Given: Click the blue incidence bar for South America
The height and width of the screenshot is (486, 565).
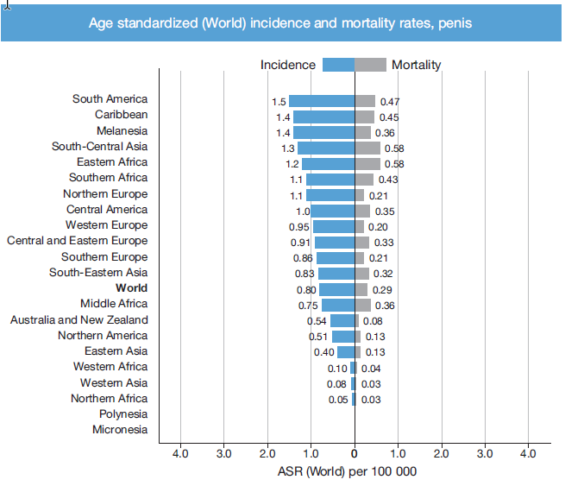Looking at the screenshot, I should pos(321,101).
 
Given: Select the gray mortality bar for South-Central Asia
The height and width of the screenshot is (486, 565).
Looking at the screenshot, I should pos(367,148).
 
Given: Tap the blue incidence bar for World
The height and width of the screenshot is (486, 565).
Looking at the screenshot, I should pos(336,289).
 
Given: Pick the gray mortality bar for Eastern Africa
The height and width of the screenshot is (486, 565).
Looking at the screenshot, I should pos(367,163).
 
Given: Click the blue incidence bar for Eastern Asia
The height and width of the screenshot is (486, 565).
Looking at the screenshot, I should pos(345,352).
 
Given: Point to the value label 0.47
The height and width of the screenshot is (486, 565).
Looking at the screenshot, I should pos(390,102).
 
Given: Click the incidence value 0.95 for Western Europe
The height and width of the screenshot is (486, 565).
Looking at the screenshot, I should pos(298,227).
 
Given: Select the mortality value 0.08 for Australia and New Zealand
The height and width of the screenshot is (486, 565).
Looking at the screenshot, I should pos(373,321).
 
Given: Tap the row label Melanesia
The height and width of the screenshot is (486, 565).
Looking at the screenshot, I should pos(122,131).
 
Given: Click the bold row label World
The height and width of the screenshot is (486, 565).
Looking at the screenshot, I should pos(131,288).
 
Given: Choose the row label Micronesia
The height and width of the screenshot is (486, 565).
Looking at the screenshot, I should pos(120,430).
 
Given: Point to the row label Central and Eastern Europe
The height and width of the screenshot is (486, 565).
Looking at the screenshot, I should pos(78,241).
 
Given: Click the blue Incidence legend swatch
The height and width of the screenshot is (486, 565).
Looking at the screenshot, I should pos(338,65).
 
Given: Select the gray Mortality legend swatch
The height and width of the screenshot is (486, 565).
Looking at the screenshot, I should pos(371,65).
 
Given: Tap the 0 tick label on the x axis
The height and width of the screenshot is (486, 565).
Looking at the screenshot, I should pos(355,453).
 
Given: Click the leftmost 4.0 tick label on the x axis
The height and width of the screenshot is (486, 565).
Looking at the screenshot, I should pos(180,453).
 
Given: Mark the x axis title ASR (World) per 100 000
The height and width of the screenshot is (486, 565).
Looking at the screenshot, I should pos(348,472).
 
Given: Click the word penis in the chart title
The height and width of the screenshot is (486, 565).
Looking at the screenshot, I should pos(454,22).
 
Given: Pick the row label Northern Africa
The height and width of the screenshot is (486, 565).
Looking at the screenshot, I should pos(109,399).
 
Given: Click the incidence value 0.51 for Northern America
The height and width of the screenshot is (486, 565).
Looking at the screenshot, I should pos(318,337).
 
